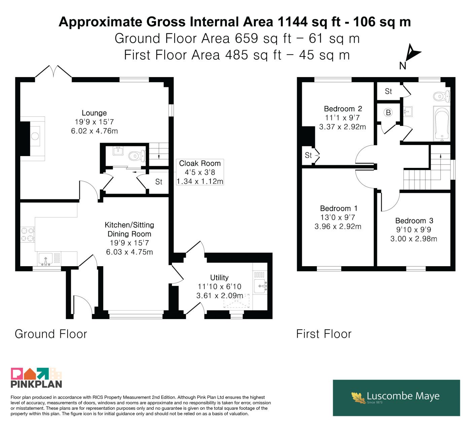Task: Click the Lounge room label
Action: [94, 113]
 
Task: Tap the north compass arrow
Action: [412, 53]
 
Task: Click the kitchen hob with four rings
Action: [28, 235]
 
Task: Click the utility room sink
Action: [260, 286]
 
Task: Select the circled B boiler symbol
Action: [388, 112]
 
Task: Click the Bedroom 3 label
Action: [414, 220]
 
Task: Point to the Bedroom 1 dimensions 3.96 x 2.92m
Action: [338, 226]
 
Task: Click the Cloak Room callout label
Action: [200, 172]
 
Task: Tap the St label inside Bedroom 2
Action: [308, 155]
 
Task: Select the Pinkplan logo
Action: [36, 378]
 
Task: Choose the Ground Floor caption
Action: [51, 334]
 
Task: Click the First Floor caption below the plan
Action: [324, 334]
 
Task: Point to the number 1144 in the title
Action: [292, 22]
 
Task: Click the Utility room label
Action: [219, 278]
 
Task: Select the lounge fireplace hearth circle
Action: [35, 136]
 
